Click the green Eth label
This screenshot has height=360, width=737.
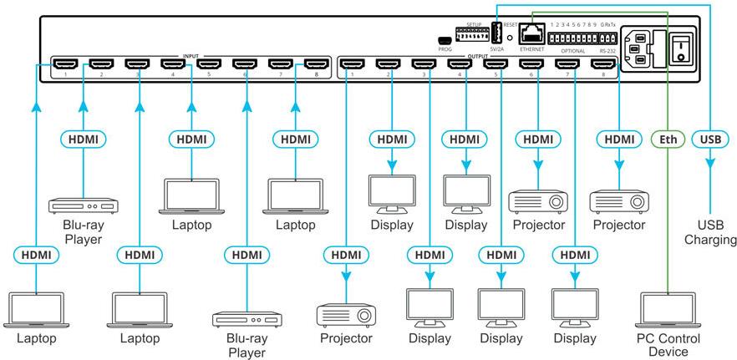[x=667, y=139]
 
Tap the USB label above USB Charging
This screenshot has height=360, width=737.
[x=709, y=139]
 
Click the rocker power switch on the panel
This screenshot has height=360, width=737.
[x=683, y=45]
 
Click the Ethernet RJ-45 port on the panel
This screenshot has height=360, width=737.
[x=531, y=35]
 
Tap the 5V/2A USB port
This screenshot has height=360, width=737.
[x=496, y=34]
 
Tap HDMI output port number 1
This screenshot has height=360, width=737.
[x=353, y=63]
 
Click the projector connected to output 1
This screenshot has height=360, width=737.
[x=346, y=315]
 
